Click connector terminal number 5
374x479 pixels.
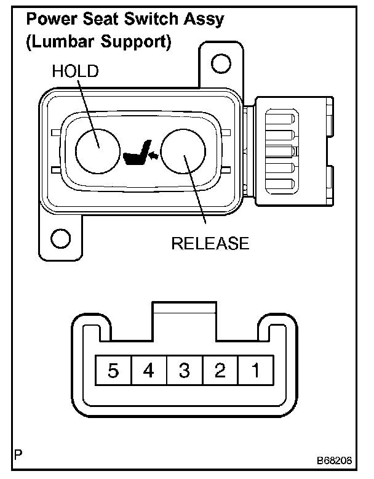(x=113, y=371)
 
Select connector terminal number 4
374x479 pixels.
(x=148, y=371)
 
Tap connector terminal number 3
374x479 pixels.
(x=184, y=371)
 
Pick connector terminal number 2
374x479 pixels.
(x=220, y=371)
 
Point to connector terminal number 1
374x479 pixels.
(x=255, y=371)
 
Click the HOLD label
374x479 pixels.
(x=74, y=71)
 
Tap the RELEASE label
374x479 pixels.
(x=210, y=244)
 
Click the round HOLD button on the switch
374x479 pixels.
(x=97, y=150)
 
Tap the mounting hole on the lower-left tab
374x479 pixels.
(x=60, y=238)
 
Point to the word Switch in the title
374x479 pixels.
(x=149, y=19)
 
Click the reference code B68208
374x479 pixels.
(x=334, y=461)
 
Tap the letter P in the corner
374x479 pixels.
(x=18, y=457)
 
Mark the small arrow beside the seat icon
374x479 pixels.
(x=154, y=156)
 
